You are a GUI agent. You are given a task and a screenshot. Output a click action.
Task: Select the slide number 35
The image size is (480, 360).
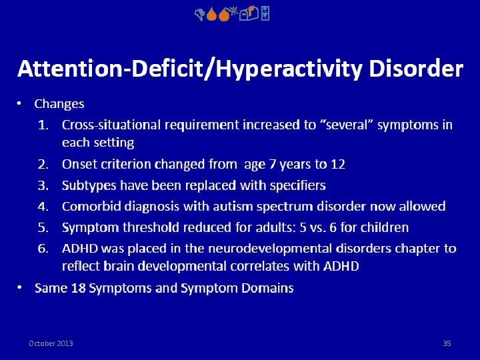pos(447,343)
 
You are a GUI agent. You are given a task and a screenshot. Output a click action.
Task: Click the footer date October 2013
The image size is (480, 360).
pos(51,343)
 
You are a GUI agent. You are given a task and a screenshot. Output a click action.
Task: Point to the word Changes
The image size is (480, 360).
pos(59,104)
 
